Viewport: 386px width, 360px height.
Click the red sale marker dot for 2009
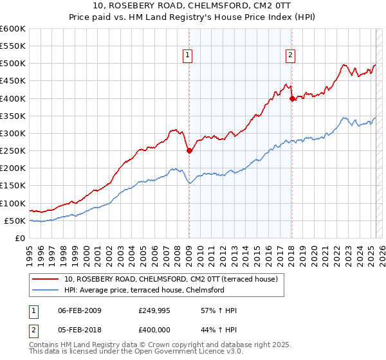[x=189, y=151]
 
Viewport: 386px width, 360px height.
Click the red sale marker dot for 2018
[x=292, y=98]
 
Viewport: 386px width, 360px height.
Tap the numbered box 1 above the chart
[x=187, y=55]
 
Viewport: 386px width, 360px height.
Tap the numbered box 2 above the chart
[x=290, y=55]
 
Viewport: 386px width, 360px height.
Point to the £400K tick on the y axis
[x=13, y=98]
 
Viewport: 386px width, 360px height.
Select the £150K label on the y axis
[x=13, y=186]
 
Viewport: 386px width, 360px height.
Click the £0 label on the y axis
[x=21, y=239]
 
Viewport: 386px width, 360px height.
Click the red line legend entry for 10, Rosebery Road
[x=170, y=279]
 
